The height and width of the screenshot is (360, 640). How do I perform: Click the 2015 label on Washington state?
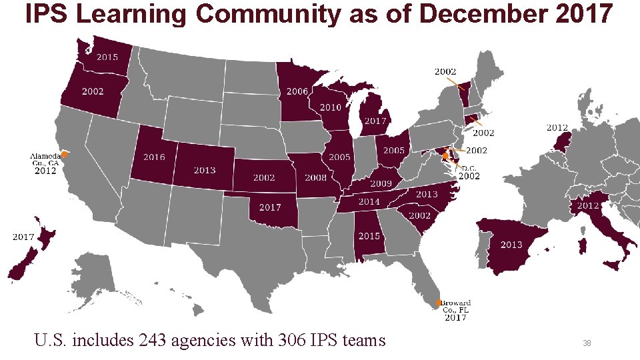point(107,57)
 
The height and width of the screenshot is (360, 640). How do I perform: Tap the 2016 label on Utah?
point(154,157)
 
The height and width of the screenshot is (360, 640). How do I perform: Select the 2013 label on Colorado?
point(205,170)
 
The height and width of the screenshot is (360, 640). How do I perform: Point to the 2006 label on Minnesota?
point(297,91)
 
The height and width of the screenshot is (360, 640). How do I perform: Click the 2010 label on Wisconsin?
point(331,107)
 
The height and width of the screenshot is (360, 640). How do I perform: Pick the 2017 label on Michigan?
point(375,121)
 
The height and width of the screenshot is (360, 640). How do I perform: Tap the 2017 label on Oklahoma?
point(270,207)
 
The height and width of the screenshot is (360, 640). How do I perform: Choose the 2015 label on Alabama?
point(369,236)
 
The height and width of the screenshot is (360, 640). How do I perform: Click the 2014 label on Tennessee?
point(369,201)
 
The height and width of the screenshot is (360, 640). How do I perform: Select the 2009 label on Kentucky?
point(381,183)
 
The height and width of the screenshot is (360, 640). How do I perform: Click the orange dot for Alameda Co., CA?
point(65,154)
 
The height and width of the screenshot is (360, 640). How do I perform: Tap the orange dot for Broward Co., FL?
point(439,303)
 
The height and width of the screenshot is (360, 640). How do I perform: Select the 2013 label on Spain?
point(511,245)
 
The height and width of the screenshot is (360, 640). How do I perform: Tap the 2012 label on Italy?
point(587,206)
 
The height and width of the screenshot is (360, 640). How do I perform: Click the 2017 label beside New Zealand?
point(24,236)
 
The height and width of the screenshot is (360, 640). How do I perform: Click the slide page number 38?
point(587,343)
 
